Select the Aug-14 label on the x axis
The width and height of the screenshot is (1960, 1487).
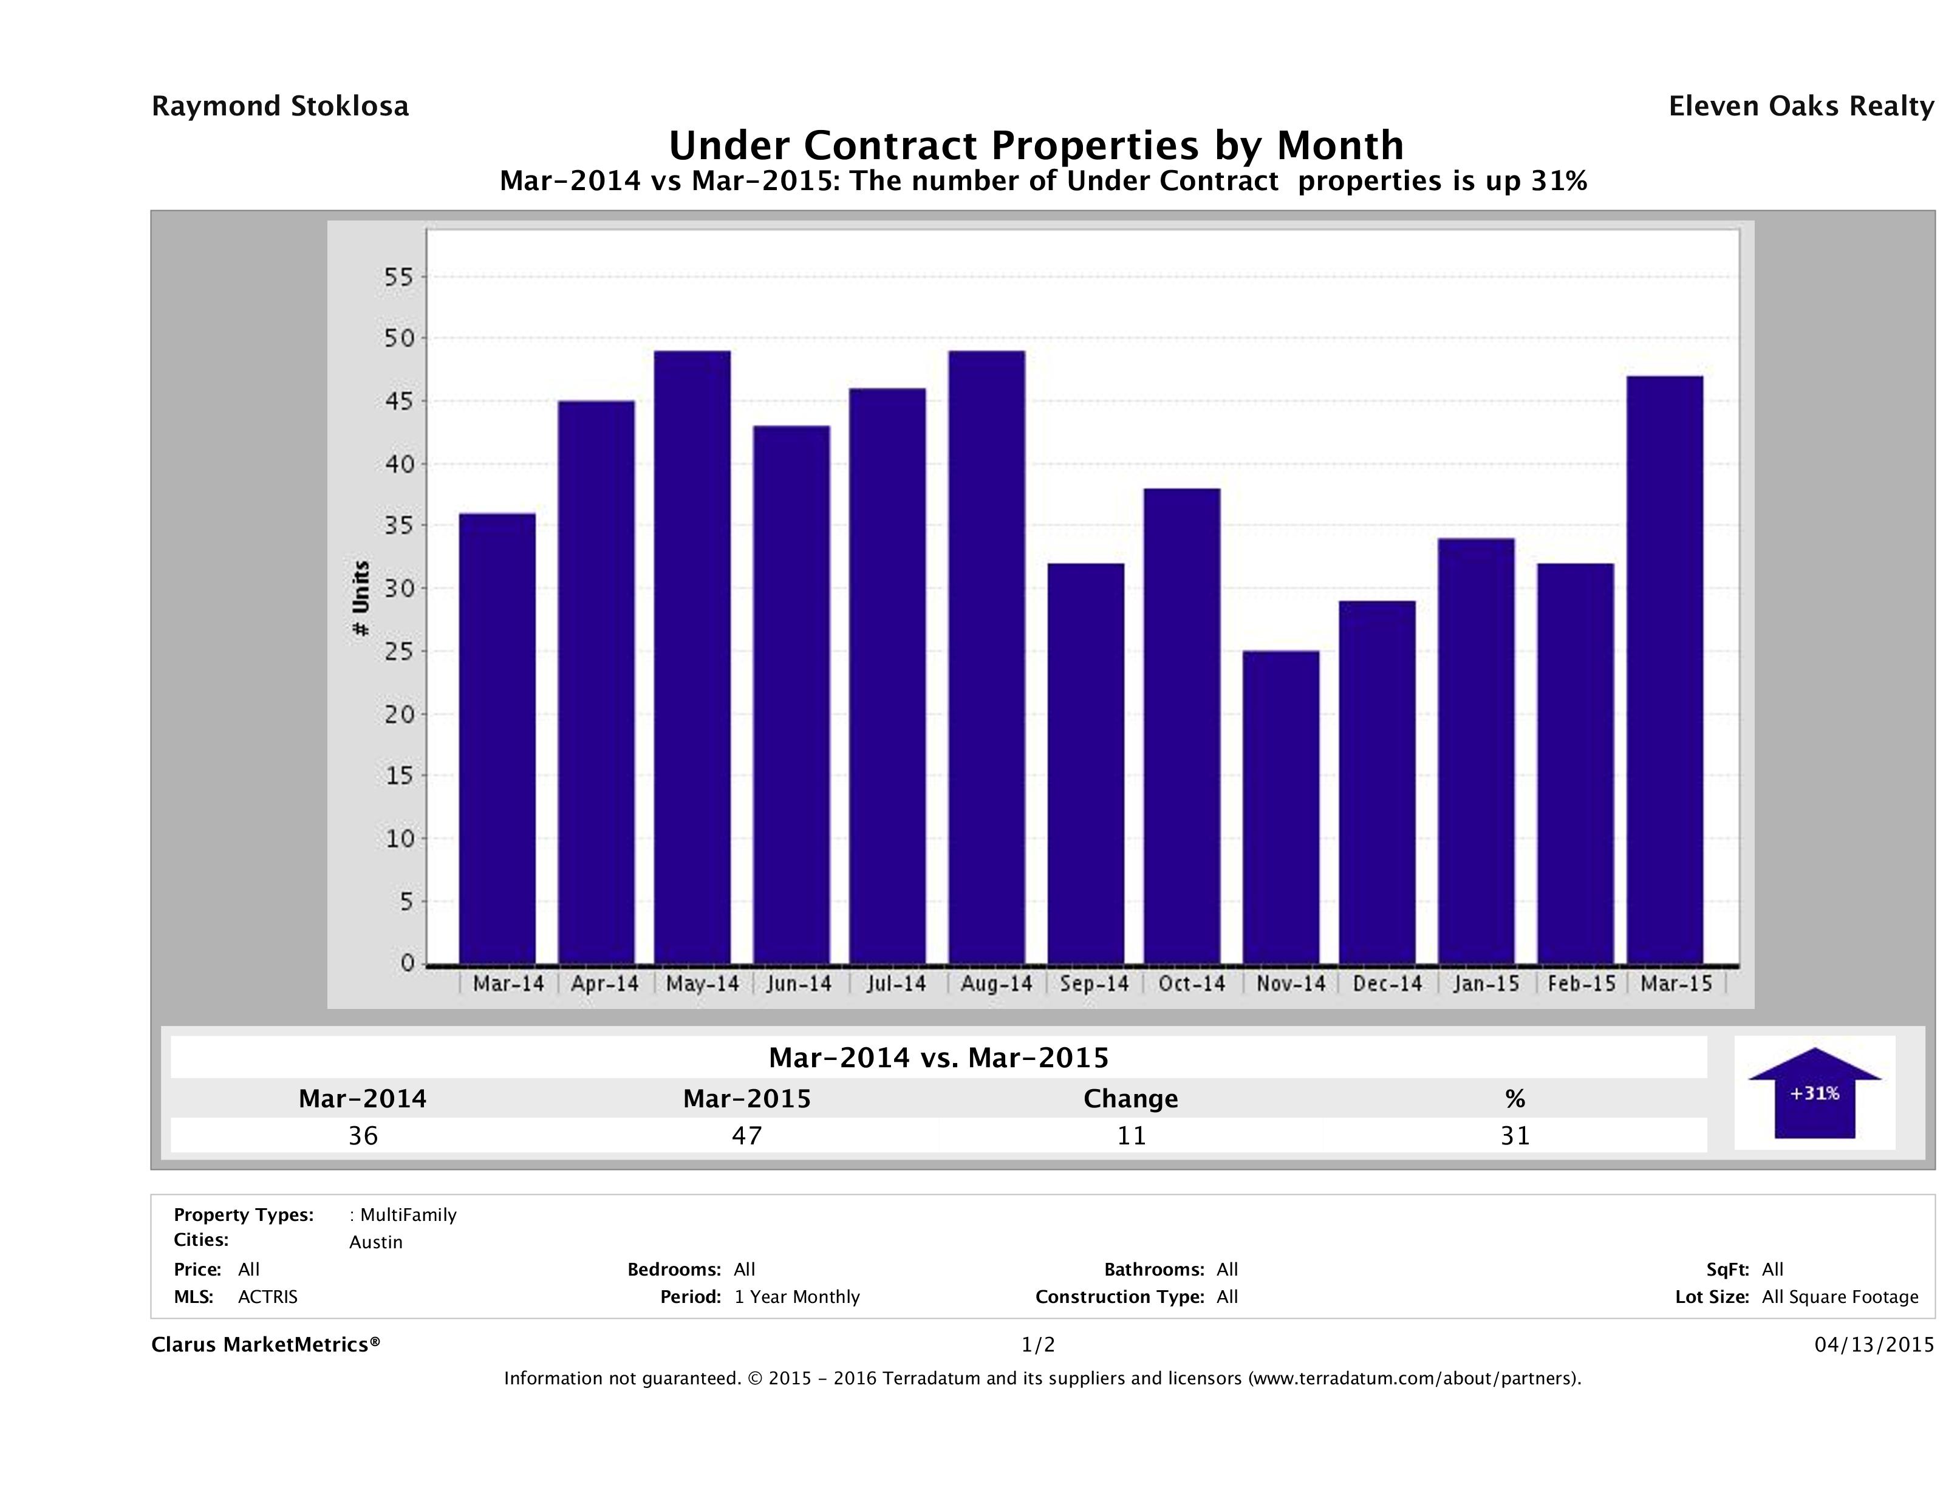[x=996, y=983]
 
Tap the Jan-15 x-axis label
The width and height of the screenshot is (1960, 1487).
[x=1486, y=983]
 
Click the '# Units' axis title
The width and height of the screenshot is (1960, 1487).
[x=361, y=599]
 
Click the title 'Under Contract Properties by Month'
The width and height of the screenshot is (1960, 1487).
[x=1036, y=145]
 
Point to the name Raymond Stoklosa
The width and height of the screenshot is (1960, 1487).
[x=280, y=106]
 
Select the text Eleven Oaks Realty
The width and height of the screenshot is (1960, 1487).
[x=1800, y=106]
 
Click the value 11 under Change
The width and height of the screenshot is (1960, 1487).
[x=1131, y=1135]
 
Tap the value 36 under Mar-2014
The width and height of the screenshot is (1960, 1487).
[x=363, y=1135]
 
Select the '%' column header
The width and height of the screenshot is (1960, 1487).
[x=1514, y=1099]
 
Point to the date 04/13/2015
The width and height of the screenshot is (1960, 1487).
[x=1874, y=1345]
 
